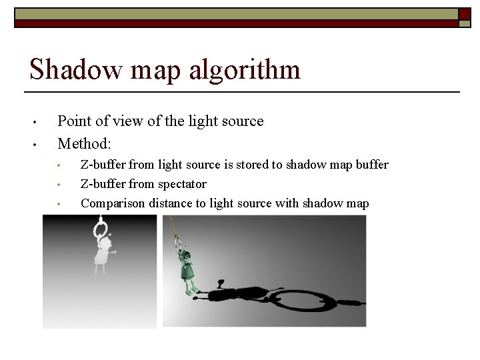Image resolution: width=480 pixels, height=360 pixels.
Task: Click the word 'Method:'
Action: [x=84, y=143]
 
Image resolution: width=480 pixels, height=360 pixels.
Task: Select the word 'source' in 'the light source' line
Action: [x=241, y=121]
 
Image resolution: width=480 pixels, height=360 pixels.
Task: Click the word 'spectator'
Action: [x=182, y=184]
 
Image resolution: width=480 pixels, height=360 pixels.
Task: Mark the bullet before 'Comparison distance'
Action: [x=60, y=204]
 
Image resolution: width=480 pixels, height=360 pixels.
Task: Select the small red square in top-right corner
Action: [x=464, y=13]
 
